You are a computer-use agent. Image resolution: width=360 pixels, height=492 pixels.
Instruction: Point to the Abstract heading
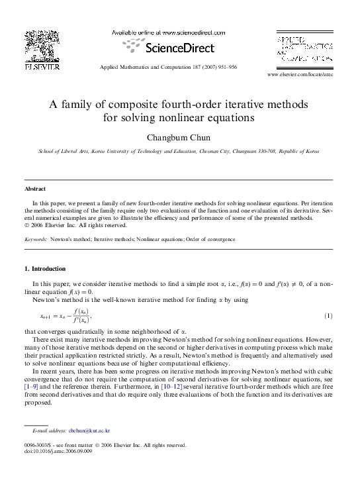click(x=35, y=189)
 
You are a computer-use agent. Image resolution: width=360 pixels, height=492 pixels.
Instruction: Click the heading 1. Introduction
click(x=44, y=269)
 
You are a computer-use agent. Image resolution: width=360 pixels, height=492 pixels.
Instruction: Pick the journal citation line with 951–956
click(x=167, y=68)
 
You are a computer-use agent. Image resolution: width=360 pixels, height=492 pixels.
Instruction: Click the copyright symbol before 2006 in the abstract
click(x=26, y=224)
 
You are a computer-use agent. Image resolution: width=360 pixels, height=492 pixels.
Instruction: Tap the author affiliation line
click(x=179, y=152)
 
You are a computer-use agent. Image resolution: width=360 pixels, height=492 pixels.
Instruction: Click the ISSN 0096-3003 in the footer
click(x=40, y=446)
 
